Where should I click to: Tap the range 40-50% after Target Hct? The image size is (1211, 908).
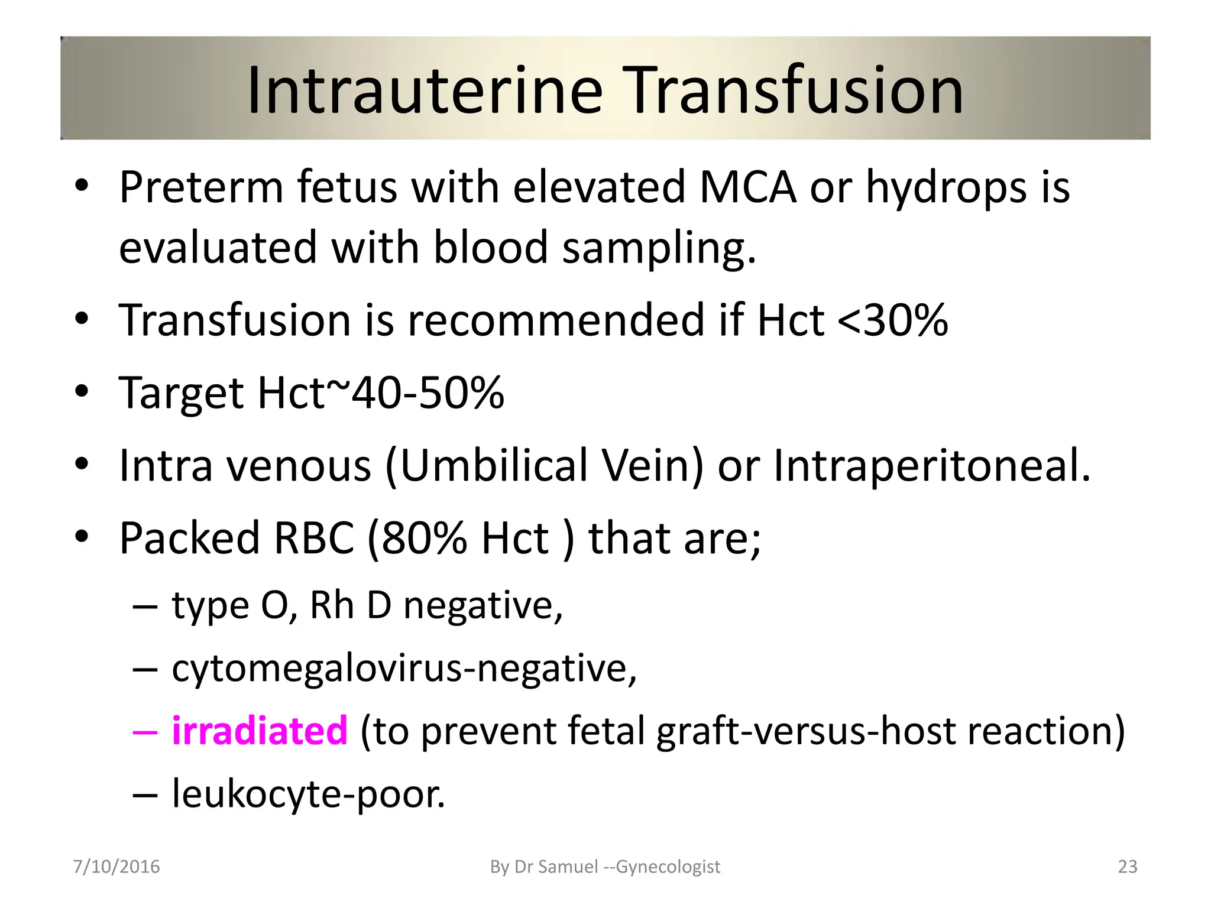pos(428,393)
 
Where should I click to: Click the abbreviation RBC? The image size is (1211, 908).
pos(313,538)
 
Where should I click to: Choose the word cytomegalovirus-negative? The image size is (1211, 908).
pos(404,669)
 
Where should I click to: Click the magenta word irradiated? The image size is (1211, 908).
pos(260,731)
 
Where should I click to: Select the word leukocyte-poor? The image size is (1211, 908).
pos(308,794)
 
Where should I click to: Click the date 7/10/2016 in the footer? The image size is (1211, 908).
pos(116,867)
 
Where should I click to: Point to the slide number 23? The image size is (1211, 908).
pos(1128,867)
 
